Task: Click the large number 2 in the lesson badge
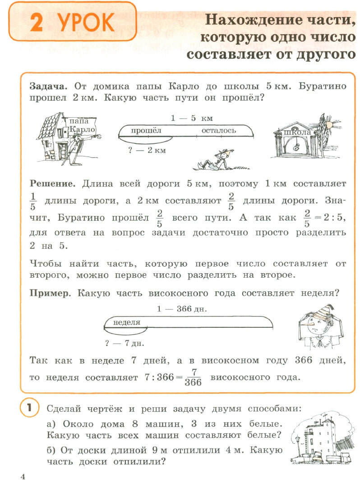tap(37, 23)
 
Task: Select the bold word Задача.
tap(48, 86)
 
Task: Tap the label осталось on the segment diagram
tap(219, 130)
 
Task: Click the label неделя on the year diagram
tap(127, 322)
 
